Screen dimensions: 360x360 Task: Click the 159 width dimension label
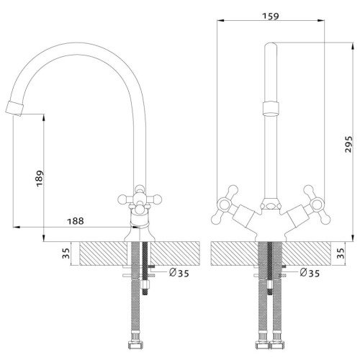(271, 16)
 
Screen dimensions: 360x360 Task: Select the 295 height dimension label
(348, 144)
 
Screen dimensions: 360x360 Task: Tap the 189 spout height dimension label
(40, 178)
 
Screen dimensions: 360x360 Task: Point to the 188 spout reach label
(76, 221)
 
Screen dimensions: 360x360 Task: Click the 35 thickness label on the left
(66, 253)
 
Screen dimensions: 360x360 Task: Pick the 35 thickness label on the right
(340, 253)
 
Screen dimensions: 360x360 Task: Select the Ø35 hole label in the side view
(179, 273)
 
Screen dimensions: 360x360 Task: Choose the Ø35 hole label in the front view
(310, 273)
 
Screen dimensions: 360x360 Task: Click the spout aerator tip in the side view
(14, 109)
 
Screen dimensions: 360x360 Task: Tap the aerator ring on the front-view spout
(271, 108)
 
